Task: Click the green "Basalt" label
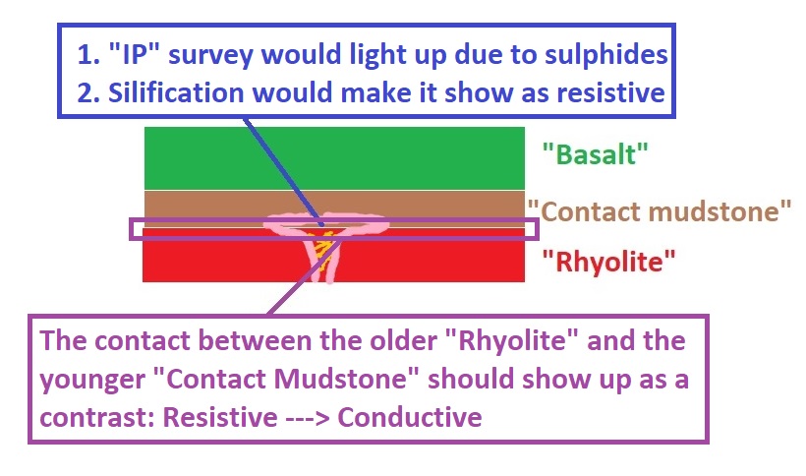596,154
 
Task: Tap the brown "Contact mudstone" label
660,211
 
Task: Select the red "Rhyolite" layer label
609,262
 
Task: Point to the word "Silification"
176,92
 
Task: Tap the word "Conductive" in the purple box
410,417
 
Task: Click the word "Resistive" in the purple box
220,417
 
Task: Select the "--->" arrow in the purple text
308,418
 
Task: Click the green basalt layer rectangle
334,158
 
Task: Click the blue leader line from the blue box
284,172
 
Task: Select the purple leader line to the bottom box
305,276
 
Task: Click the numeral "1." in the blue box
88,54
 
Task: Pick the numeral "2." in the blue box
88,93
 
